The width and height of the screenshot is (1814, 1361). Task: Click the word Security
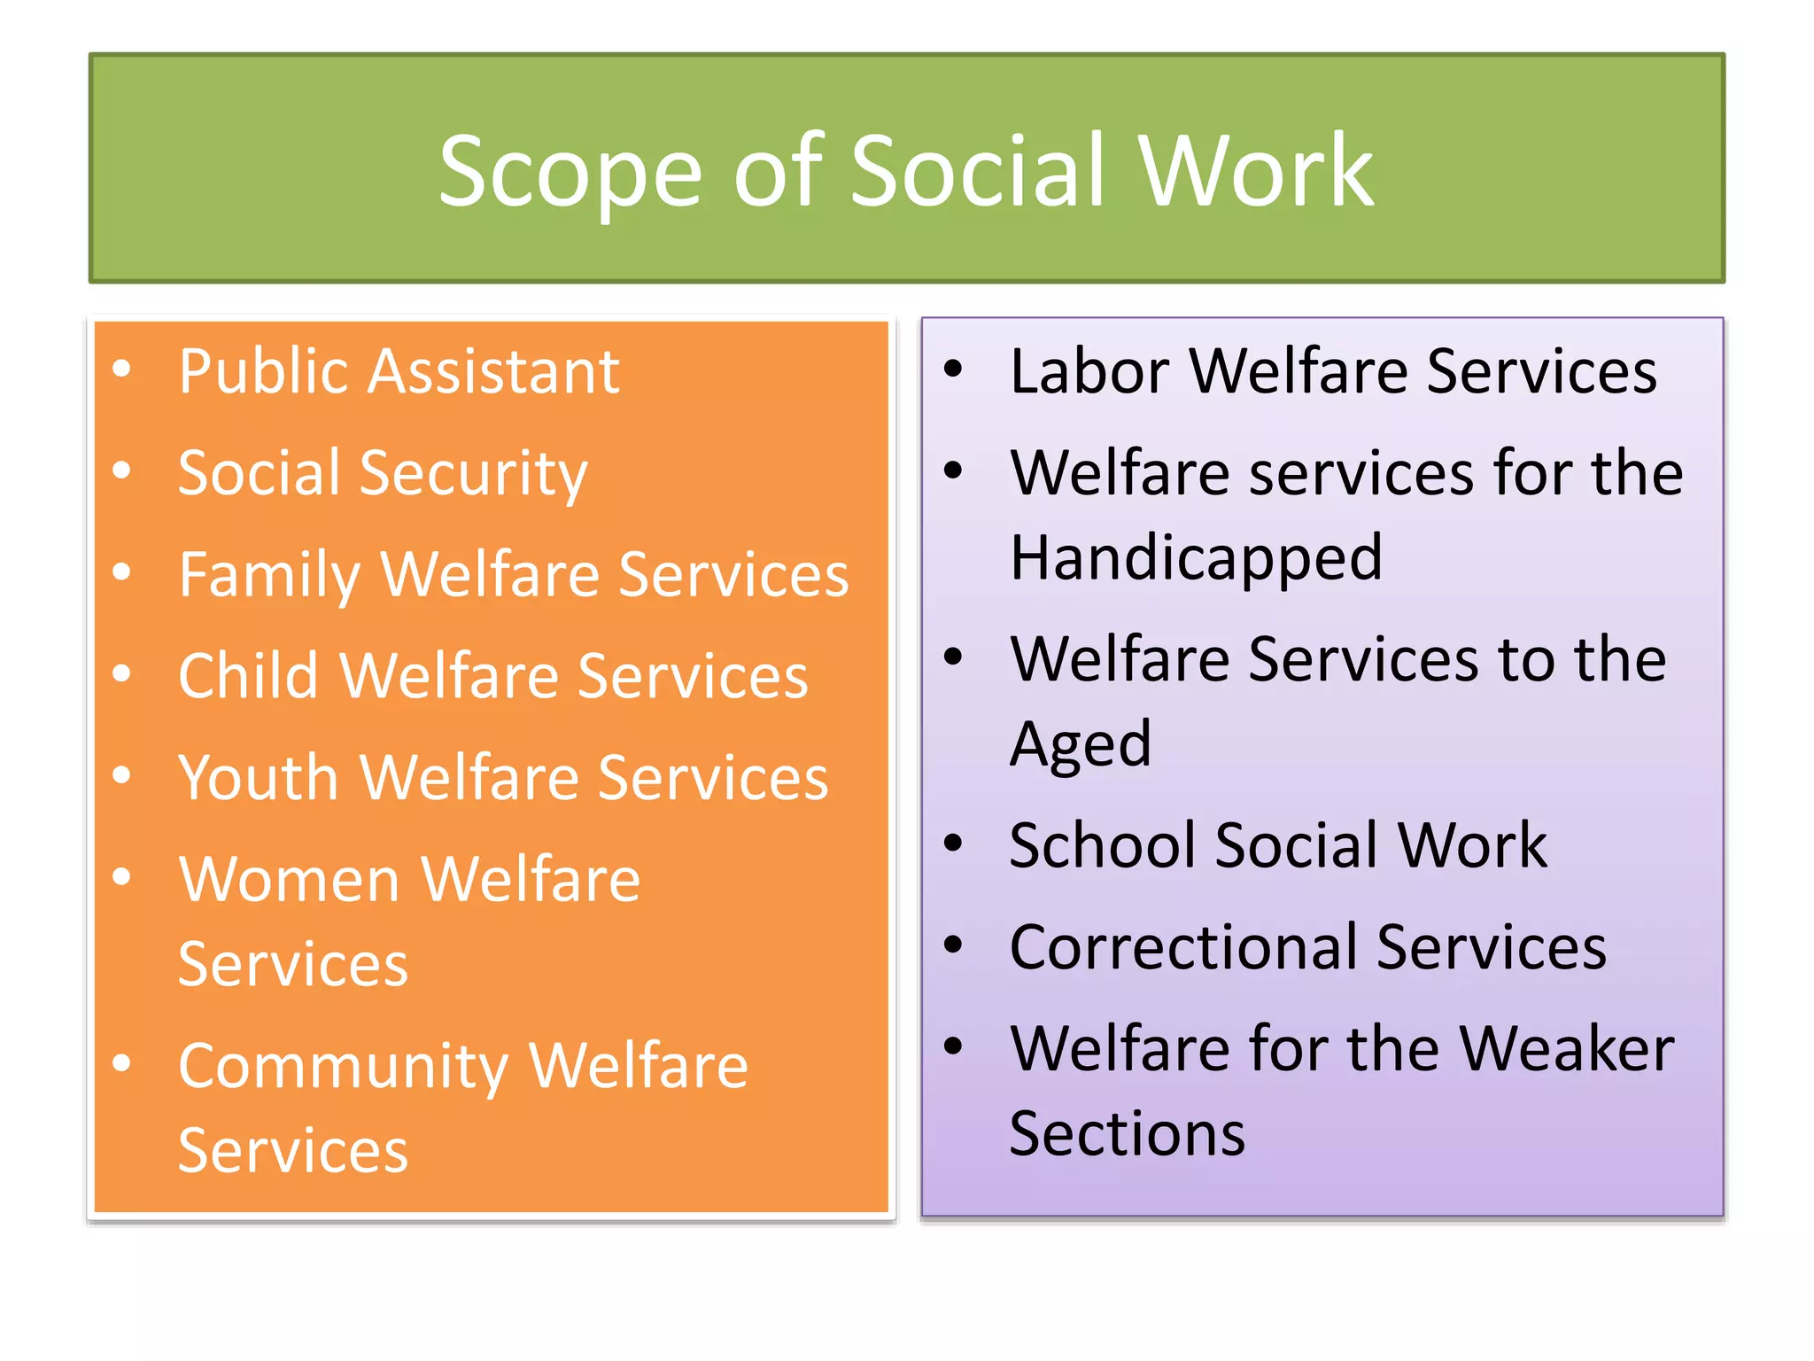coord(473,474)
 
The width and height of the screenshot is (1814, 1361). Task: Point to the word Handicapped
coord(1196,558)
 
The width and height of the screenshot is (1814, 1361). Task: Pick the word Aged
coord(1081,744)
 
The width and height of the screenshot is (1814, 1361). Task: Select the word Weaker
coord(1567,1049)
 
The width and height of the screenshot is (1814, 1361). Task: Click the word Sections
coord(1127,1133)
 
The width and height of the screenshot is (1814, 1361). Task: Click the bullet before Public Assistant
coord(122,369)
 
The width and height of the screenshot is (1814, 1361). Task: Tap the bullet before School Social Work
coord(953,844)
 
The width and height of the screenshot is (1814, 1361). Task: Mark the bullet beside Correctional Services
coord(953,945)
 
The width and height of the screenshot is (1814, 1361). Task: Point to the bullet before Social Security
coord(122,471)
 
